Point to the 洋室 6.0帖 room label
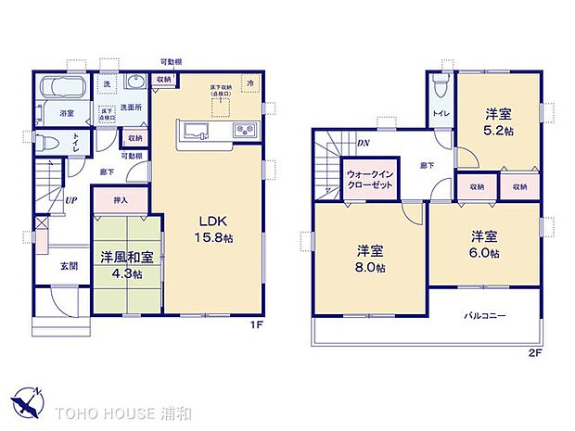tap(483, 244)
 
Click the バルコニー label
tap(485, 316)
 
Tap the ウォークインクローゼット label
tap(371, 179)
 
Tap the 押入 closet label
tap(120, 199)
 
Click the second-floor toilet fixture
tap(441, 90)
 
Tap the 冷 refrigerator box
tap(249, 83)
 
